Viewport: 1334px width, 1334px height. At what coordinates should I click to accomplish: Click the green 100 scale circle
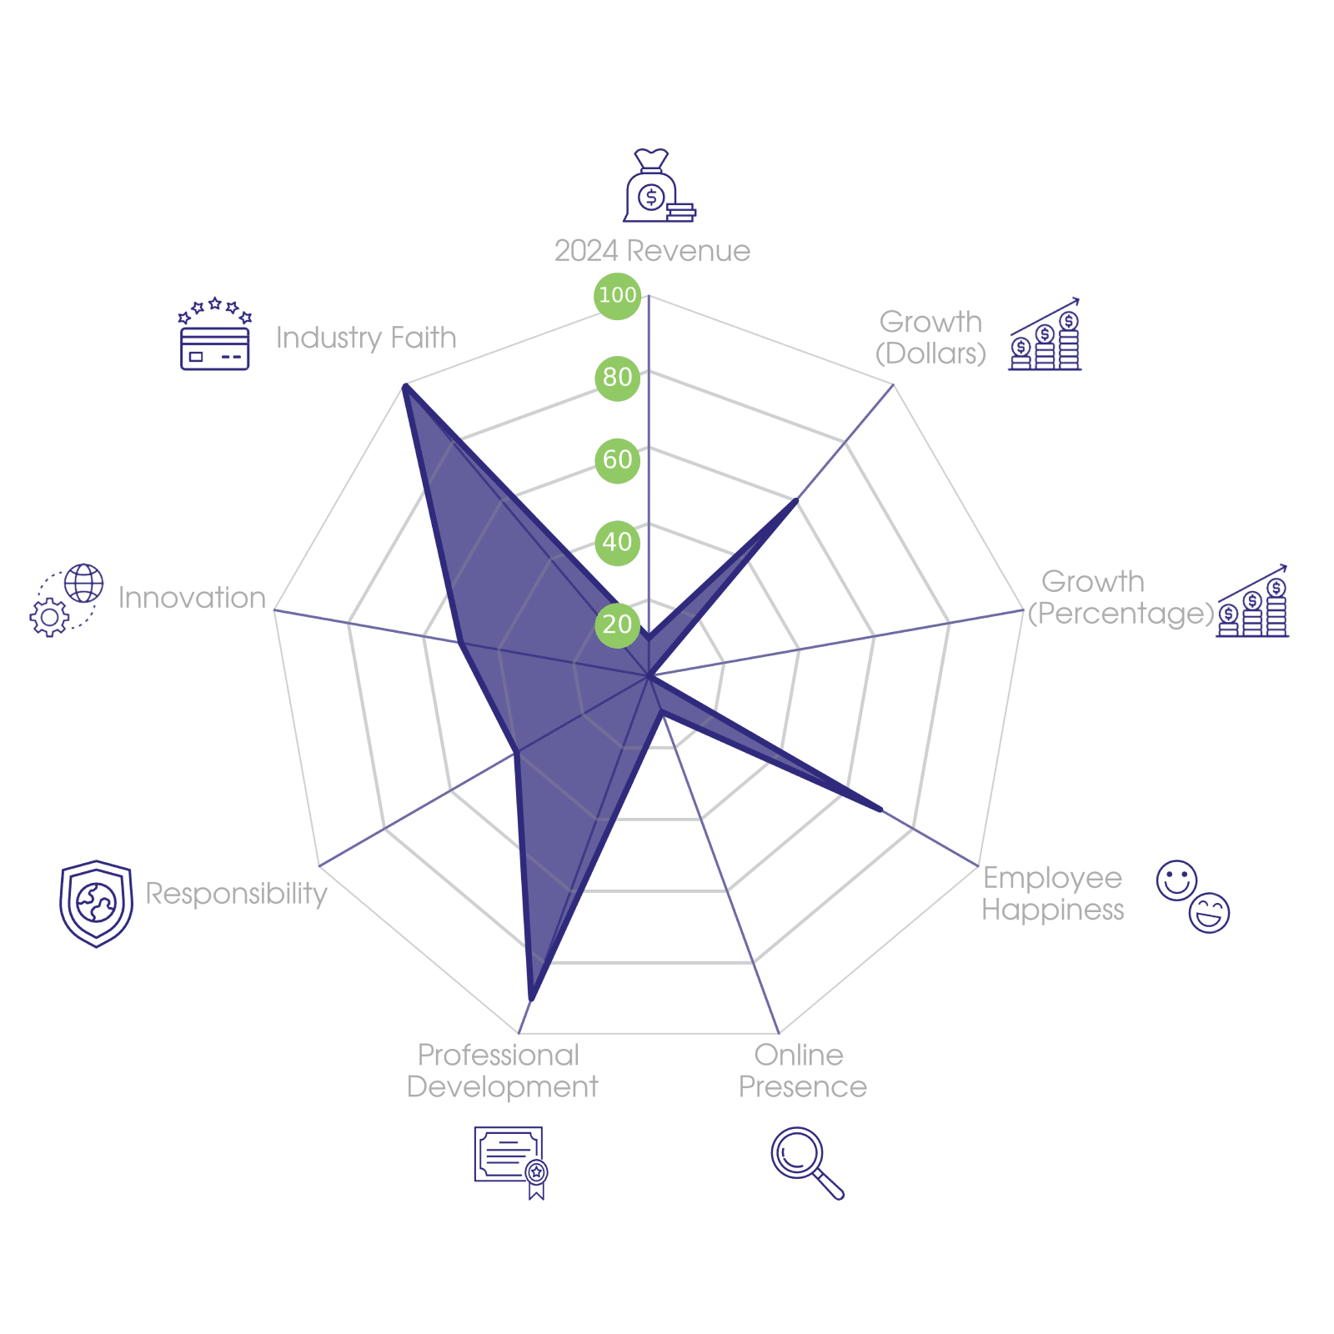[617, 295]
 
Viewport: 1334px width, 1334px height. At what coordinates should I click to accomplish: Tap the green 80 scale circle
[617, 377]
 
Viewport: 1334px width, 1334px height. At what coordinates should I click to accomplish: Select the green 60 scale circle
[617, 459]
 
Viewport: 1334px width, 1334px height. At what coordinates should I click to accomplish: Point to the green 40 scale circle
[617, 542]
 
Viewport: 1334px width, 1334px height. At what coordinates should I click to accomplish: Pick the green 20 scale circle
[617, 624]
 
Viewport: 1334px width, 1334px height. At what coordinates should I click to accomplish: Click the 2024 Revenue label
[652, 251]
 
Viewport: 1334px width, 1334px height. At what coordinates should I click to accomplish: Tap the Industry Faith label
[366, 338]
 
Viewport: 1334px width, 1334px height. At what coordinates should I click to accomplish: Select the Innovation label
[192, 598]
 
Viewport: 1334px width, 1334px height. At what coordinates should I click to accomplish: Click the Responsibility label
[236, 893]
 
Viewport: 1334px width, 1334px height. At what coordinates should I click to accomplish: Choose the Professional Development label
[501, 1071]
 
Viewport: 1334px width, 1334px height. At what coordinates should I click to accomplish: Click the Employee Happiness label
[1052, 893]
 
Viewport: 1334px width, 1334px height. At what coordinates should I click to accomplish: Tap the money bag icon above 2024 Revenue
[658, 187]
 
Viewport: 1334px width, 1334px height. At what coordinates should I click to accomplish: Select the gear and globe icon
[67, 600]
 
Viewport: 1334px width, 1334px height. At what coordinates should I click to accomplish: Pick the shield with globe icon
[96, 904]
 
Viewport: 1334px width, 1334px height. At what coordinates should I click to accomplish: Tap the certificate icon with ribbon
[510, 1161]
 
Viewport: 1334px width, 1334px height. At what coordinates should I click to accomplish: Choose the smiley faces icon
[1193, 896]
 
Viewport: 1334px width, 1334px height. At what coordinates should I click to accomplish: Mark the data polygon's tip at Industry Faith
[404, 384]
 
